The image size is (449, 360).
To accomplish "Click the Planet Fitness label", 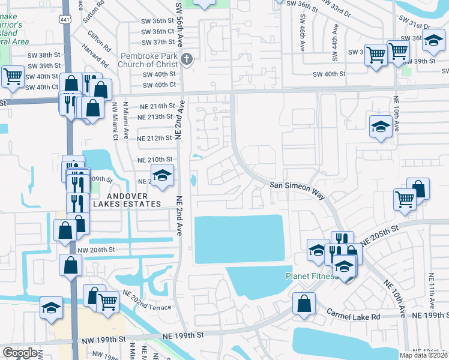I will coord(310,277).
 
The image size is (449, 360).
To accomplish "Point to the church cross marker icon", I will coord(187,59).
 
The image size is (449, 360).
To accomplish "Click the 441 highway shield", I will coord(64,19).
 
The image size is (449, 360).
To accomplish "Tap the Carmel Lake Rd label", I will coord(354,315).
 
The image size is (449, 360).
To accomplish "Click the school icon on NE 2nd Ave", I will coord(161,175).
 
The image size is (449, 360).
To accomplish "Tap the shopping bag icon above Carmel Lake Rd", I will coord(304,303).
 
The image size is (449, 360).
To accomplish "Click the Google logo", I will coord(20,353).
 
